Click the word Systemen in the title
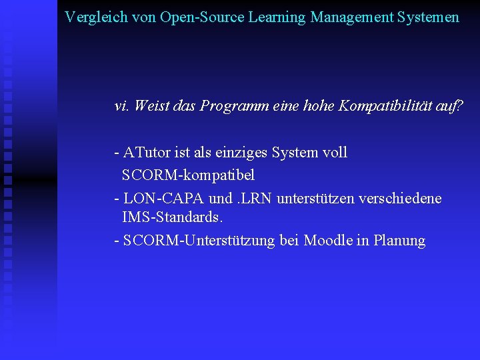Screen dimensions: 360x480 coord(429,17)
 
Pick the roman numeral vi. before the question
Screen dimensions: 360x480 coord(122,106)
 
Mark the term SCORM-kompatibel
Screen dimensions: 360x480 coord(188,175)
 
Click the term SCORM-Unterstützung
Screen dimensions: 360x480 coord(199,241)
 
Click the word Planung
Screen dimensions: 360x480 coord(400,241)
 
